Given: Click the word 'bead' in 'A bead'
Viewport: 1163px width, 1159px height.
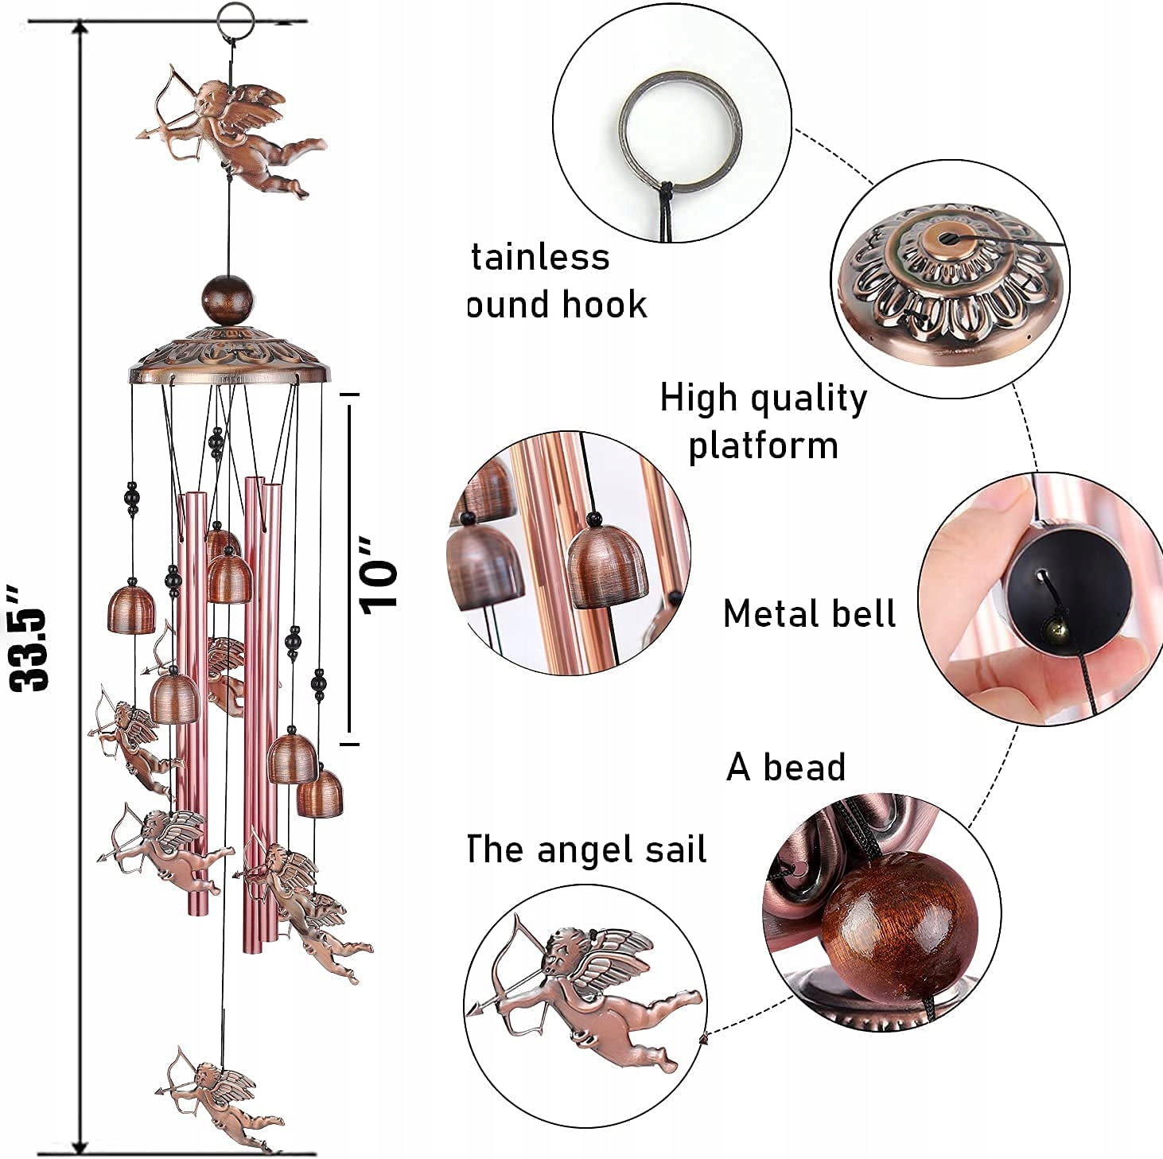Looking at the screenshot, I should tap(804, 768).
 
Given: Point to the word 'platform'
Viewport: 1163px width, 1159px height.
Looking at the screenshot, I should tap(763, 445).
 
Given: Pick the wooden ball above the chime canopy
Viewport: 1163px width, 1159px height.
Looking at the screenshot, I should tap(224, 299).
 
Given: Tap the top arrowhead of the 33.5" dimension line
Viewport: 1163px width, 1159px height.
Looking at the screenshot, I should tap(80, 29).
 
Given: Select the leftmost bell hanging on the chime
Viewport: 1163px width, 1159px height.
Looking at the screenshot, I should tap(131, 609).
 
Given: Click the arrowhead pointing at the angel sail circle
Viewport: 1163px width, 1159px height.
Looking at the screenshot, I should tap(704, 1037).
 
